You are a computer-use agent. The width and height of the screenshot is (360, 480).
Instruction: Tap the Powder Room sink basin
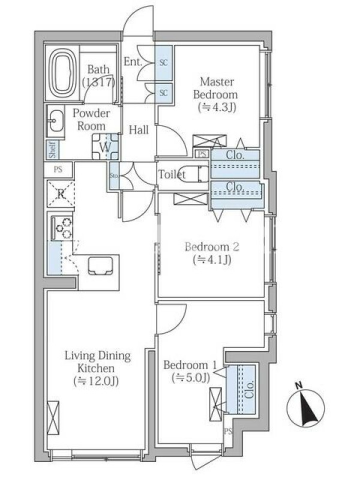click(x=56, y=121)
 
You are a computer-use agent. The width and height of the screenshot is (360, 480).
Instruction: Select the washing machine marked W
click(x=106, y=146)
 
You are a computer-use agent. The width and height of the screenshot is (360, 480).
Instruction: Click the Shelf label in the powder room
click(x=53, y=149)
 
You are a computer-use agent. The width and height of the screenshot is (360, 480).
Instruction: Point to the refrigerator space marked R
click(x=61, y=193)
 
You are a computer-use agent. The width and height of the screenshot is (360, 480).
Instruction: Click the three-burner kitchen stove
click(x=62, y=228)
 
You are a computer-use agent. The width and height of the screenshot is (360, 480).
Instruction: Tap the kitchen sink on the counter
click(x=100, y=266)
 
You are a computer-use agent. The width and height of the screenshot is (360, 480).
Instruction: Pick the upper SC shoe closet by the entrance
click(x=164, y=62)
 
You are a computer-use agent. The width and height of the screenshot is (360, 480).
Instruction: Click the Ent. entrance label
click(x=133, y=62)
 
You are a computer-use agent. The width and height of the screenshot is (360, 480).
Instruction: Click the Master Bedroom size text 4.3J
click(x=217, y=107)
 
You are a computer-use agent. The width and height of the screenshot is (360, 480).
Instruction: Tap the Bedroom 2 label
click(x=212, y=247)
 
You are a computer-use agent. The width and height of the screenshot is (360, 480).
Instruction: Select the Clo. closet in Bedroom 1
click(x=241, y=389)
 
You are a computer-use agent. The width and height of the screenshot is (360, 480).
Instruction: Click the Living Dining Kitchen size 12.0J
click(x=96, y=381)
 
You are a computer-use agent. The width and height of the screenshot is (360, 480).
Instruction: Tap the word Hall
click(x=139, y=130)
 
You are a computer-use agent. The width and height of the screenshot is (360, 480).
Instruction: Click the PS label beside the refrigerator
click(x=58, y=169)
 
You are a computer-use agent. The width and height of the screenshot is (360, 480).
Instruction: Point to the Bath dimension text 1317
click(x=98, y=82)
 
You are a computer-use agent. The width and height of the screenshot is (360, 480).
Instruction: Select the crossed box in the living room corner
click(x=53, y=418)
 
